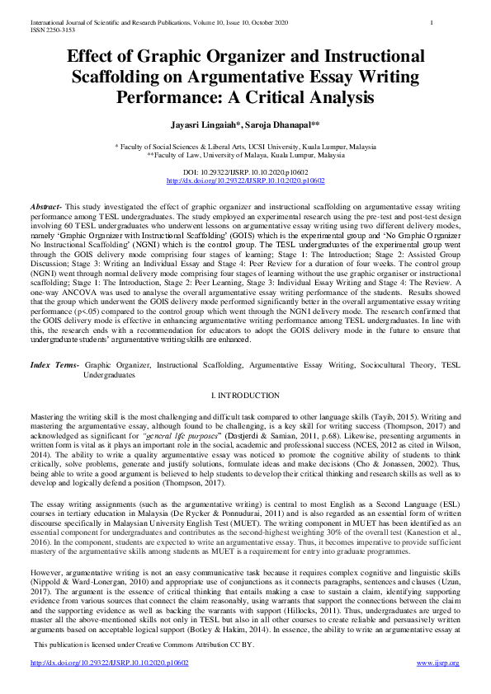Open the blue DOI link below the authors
245,180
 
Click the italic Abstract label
47,204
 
